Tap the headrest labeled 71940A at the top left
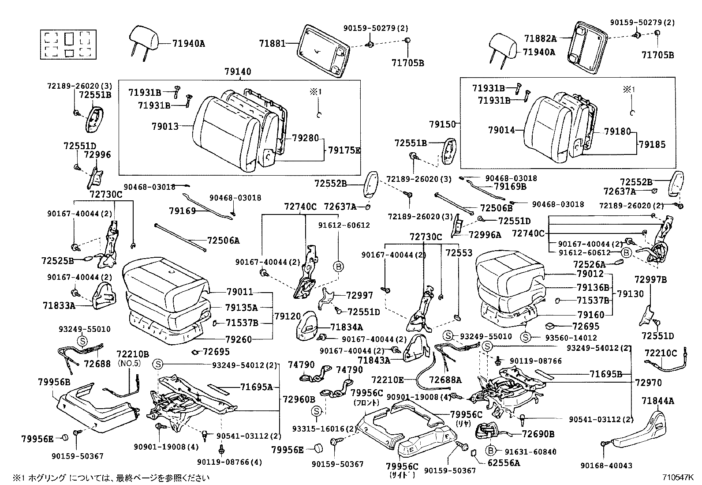coord(144,38)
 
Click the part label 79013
coord(165,126)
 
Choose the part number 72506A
coord(224,241)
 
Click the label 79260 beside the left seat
coord(239,339)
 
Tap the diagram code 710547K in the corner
coord(677,477)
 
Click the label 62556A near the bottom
coord(504,463)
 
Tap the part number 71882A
coord(540,38)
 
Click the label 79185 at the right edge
coord(652,144)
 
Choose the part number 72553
coord(459,253)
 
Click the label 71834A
coord(347,327)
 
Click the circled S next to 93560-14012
coord(525,337)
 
